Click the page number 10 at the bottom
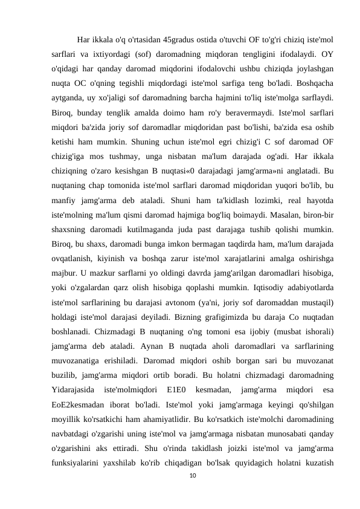tap(193, 485)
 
